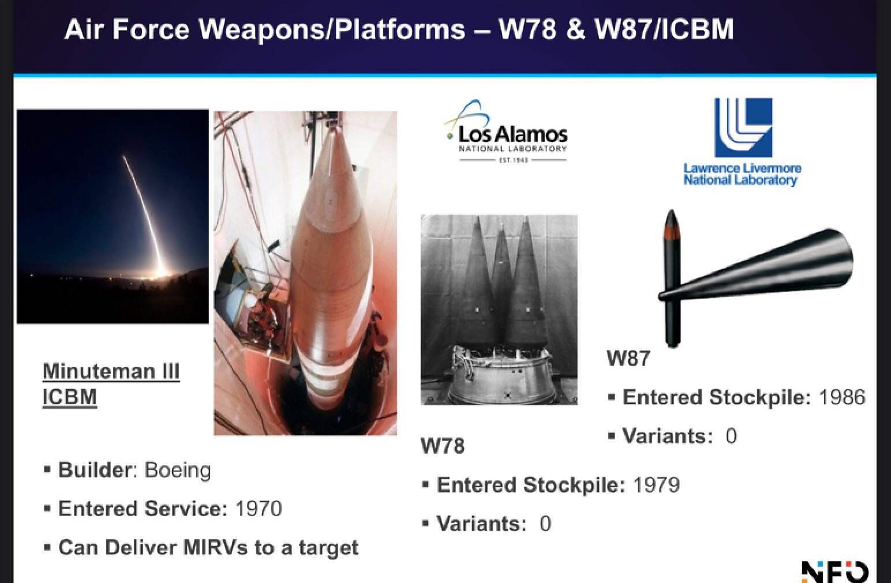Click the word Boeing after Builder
177,470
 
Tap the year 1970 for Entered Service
259,509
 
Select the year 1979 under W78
656,485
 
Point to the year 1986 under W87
842,397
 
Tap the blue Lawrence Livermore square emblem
743,128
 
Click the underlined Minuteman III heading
111,384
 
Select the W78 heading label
442,446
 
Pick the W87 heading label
628,358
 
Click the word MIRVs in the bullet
215,547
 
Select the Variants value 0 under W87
731,436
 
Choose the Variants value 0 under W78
545,524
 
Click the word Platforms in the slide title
400,29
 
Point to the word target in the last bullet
328,548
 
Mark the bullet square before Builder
47,470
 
